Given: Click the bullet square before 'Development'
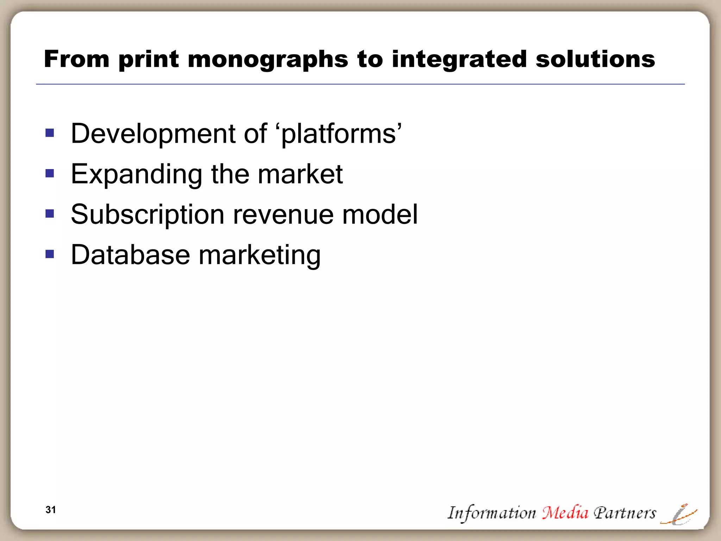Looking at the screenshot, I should coord(50,133).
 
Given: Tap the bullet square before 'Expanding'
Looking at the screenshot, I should coord(50,173).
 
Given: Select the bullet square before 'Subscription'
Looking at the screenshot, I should coord(50,214).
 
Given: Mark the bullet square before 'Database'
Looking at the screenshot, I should coord(50,254).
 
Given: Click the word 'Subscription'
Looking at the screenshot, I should coord(148,215).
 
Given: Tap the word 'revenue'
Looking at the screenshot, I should coord(283,215).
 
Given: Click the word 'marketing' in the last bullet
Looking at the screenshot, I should coord(259,256).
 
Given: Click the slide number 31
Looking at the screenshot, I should coord(51,510).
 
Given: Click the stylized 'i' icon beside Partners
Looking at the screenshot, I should coord(679,515).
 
